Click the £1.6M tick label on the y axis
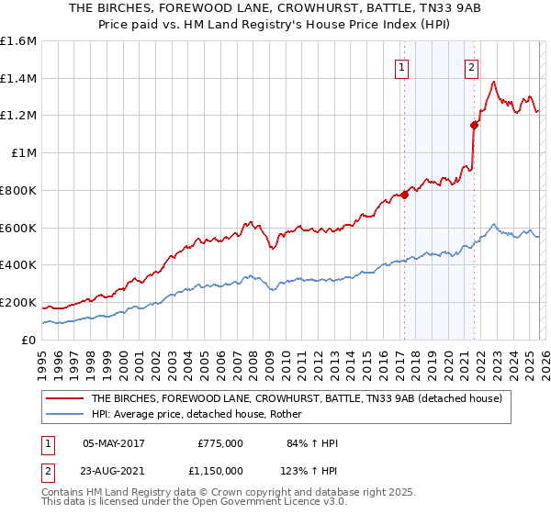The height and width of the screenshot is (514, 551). [18, 41]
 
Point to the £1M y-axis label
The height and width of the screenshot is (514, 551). [22, 153]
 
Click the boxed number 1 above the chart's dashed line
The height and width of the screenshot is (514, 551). [402, 66]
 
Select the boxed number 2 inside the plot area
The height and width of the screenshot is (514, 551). [471, 66]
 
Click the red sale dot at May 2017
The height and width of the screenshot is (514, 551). [403, 195]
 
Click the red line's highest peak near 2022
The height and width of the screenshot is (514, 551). [494, 82]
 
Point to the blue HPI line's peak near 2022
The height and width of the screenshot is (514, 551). [494, 224]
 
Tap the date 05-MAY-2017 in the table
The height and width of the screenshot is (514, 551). [114, 442]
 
